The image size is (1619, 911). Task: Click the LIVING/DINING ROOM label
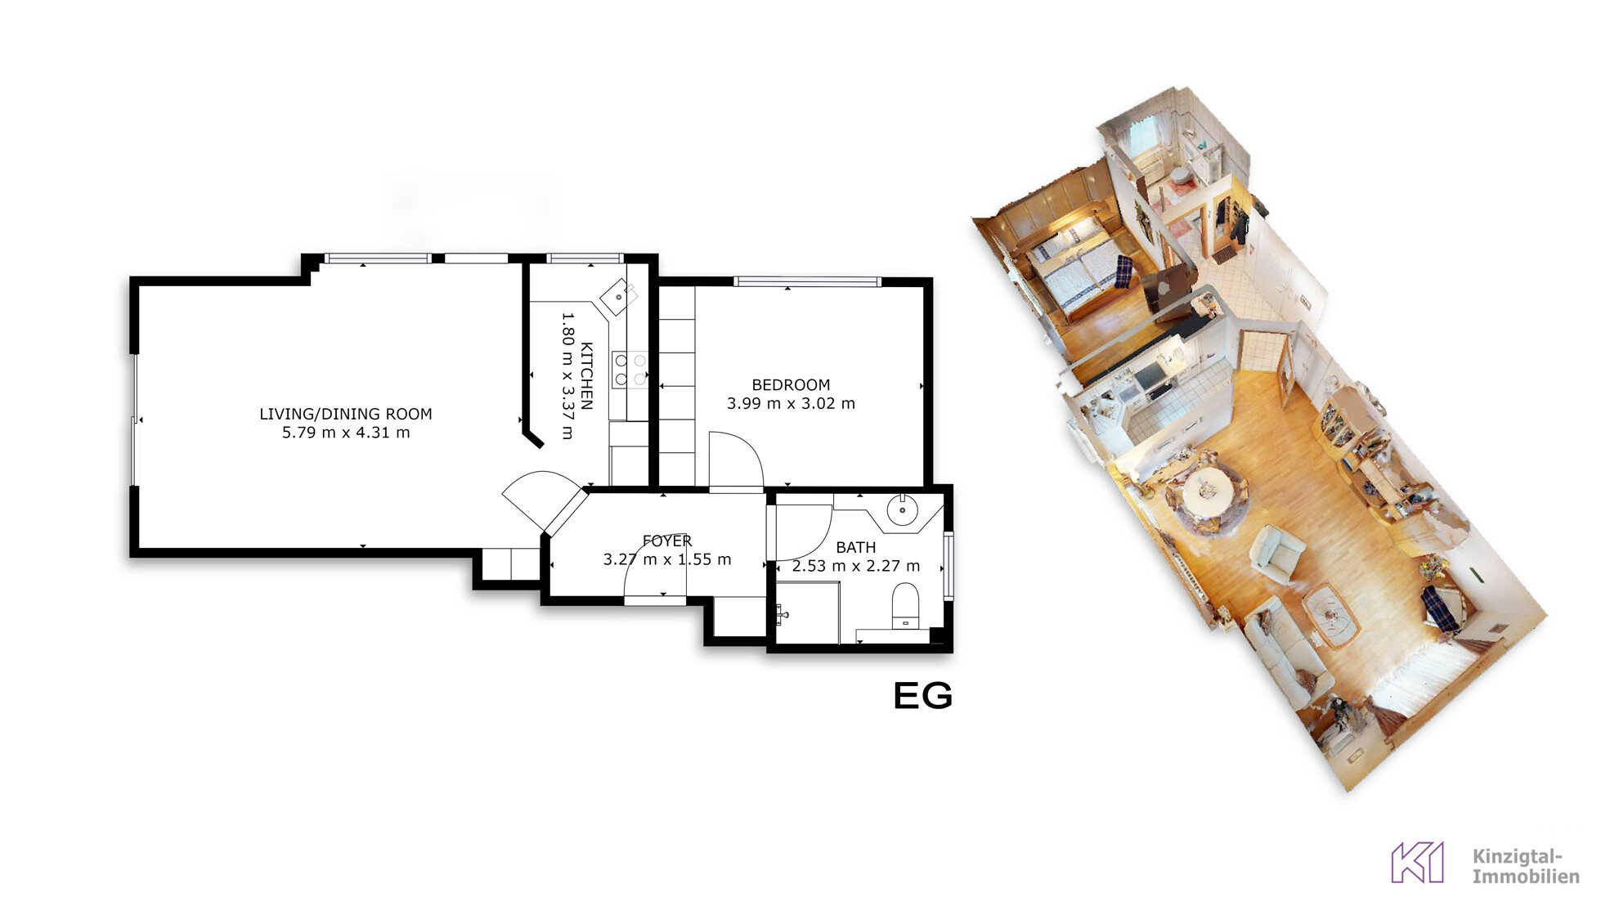coord(346,414)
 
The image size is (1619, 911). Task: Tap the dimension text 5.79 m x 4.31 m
coord(346,433)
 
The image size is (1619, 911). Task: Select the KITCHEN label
coord(586,376)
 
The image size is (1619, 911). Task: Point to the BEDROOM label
coord(791,384)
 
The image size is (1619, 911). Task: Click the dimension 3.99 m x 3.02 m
coord(791,403)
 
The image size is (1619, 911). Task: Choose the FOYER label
coord(667,541)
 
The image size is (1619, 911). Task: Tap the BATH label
coord(856,547)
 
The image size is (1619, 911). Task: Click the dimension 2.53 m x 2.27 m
coord(856,566)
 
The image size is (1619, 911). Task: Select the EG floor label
coord(923,696)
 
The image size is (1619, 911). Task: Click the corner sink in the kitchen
coord(619,298)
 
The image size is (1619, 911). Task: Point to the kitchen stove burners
coord(630,370)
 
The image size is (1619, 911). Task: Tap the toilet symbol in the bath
coord(905,606)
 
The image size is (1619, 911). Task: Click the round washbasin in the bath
coord(903,509)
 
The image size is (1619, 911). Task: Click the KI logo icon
coord(1417,863)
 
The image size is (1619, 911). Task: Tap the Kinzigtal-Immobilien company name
coord(1526,866)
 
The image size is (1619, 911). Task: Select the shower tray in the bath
coord(807,613)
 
